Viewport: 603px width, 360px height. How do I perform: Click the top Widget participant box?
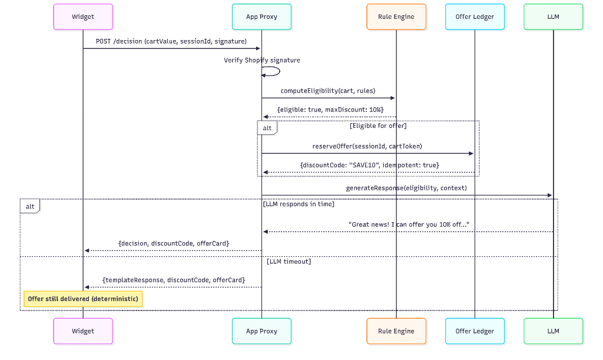tap(83, 16)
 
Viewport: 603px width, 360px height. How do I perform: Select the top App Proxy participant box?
tap(261, 16)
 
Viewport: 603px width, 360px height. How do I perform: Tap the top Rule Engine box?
tap(396, 16)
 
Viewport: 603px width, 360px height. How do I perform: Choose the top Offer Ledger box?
tap(475, 16)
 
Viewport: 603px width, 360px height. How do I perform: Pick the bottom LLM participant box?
tap(553, 331)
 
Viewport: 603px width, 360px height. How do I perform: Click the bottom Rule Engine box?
tap(396, 331)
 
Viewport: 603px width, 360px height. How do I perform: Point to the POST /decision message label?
tap(171, 41)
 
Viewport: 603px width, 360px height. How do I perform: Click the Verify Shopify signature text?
tap(261, 60)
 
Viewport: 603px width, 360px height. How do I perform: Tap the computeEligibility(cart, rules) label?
tap(328, 91)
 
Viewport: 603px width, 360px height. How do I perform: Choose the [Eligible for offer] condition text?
tap(377, 125)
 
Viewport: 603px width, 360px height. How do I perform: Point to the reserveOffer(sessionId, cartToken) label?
tap(367, 146)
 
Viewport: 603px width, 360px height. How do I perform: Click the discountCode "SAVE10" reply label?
tap(369, 165)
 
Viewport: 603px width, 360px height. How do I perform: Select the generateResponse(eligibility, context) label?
tap(406, 188)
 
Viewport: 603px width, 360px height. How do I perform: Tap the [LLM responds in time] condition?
tap(299, 204)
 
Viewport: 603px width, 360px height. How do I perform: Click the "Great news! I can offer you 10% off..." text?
tap(409, 224)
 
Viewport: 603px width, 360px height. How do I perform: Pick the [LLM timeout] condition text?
tap(289, 261)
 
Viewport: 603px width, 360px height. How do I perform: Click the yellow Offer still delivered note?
tap(83, 299)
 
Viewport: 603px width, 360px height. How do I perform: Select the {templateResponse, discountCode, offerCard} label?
tap(174, 280)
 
